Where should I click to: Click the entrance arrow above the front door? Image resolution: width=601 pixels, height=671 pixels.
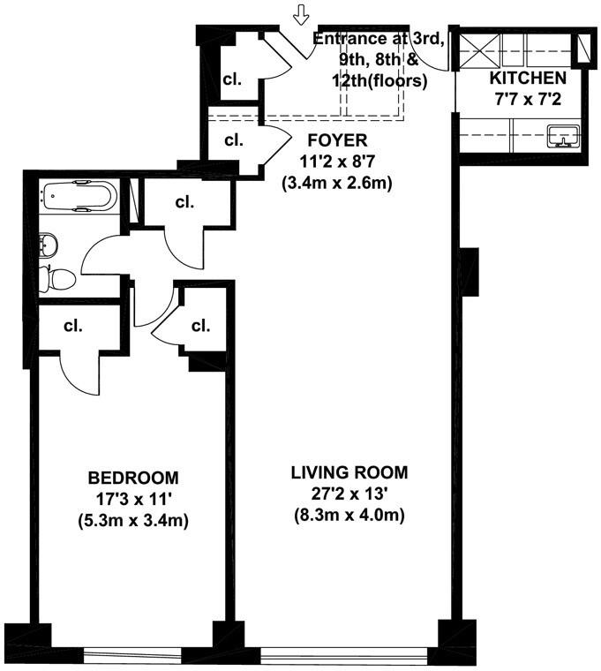click(x=303, y=14)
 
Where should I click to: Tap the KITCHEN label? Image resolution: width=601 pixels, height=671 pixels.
click(x=528, y=78)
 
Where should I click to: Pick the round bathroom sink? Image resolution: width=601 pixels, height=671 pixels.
click(x=51, y=243)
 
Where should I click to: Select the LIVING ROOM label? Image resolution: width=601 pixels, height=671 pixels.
click(x=349, y=471)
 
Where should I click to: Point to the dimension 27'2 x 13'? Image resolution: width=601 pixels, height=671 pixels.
click(x=349, y=494)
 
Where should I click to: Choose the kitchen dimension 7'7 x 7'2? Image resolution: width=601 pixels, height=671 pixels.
click(x=528, y=98)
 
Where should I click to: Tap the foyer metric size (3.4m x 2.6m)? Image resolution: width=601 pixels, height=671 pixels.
click(x=336, y=184)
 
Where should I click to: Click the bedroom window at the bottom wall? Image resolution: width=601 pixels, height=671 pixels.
click(x=149, y=656)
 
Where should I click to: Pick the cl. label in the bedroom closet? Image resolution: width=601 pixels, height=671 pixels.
click(x=72, y=325)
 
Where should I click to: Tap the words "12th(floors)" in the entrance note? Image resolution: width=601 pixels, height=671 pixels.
click(x=381, y=80)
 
